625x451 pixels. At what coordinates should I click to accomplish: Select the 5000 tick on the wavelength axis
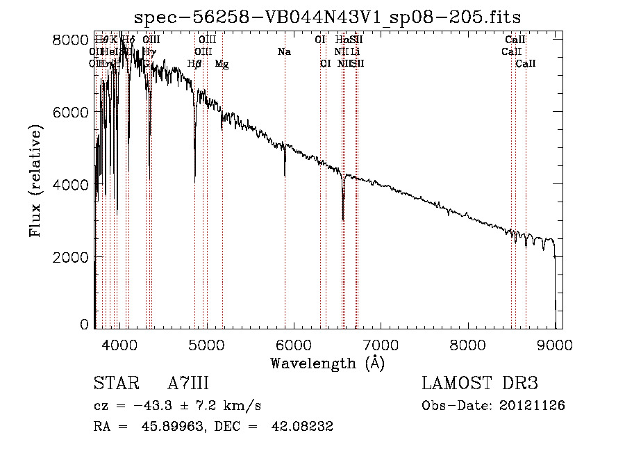(207, 345)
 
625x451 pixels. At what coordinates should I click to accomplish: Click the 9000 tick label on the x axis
(555, 345)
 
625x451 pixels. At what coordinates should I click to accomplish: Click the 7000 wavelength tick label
(381, 345)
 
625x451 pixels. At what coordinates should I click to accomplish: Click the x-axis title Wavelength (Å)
(327, 363)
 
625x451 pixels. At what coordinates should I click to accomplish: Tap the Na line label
(283, 52)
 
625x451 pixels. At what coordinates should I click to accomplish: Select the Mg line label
(222, 64)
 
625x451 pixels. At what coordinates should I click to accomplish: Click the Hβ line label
(195, 64)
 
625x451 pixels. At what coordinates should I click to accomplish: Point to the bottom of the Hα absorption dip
(343, 219)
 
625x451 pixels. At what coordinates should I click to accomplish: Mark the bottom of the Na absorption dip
(285, 176)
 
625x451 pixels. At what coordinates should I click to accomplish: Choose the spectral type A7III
(188, 384)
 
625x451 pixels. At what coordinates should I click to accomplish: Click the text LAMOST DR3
(480, 384)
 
